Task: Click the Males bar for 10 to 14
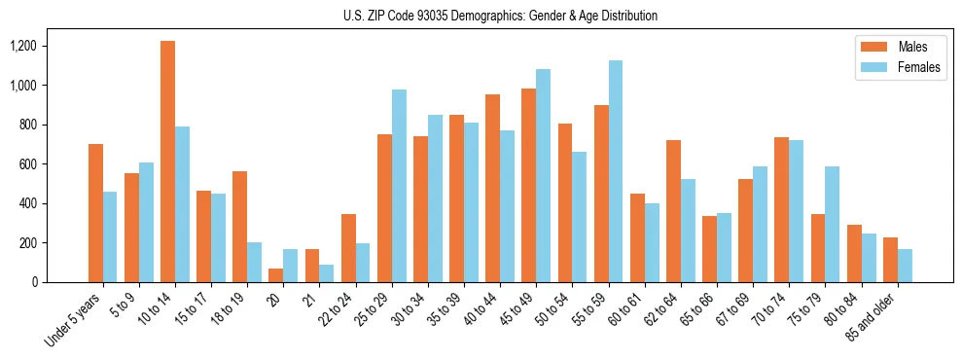(167, 162)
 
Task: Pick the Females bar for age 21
(327, 273)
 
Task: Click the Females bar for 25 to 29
(399, 186)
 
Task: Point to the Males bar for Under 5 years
(95, 213)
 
